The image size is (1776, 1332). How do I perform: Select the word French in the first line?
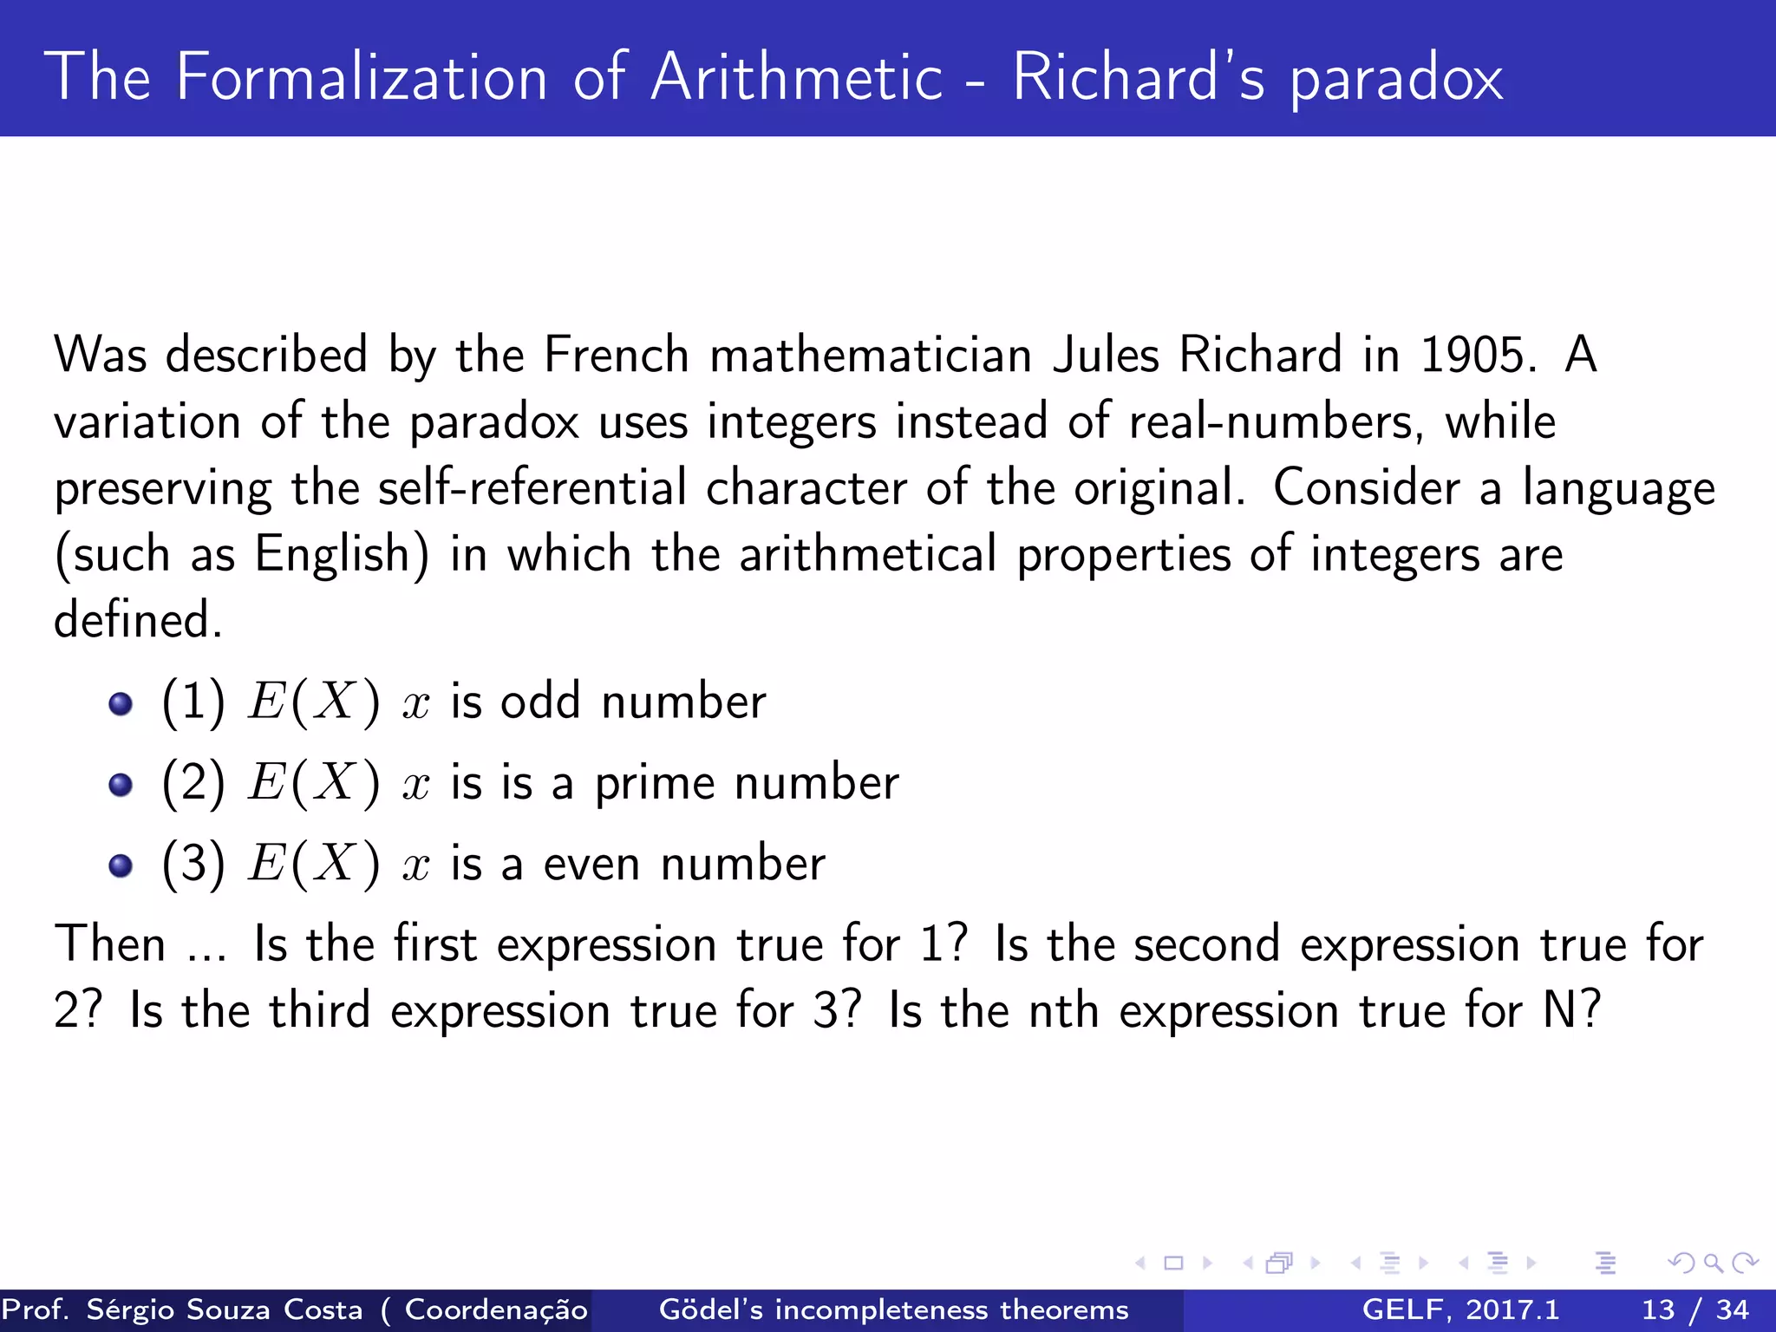pyautogui.click(x=616, y=356)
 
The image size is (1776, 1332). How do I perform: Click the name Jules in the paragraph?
pyautogui.click(x=1105, y=356)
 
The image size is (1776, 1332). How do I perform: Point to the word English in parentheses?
pyautogui.click(x=332, y=555)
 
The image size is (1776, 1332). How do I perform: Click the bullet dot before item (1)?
pyautogui.click(x=121, y=703)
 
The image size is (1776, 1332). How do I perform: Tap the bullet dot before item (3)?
pyautogui.click(x=121, y=865)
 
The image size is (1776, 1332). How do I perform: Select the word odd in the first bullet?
pyautogui.click(x=539, y=702)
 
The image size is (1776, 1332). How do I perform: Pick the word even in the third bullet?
pyautogui.click(x=591, y=865)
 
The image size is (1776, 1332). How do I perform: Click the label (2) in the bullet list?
pyautogui.click(x=193, y=783)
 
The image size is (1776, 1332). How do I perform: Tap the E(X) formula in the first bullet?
pyautogui.click(x=313, y=702)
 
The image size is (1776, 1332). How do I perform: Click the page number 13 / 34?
pyautogui.click(x=1694, y=1309)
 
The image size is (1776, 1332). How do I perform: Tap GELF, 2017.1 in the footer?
pyautogui.click(x=1460, y=1309)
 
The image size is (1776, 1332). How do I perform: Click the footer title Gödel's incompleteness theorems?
pyautogui.click(x=893, y=1309)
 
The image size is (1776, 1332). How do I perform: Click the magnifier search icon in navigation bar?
pyautogui.click(x=1713, y=1263)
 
